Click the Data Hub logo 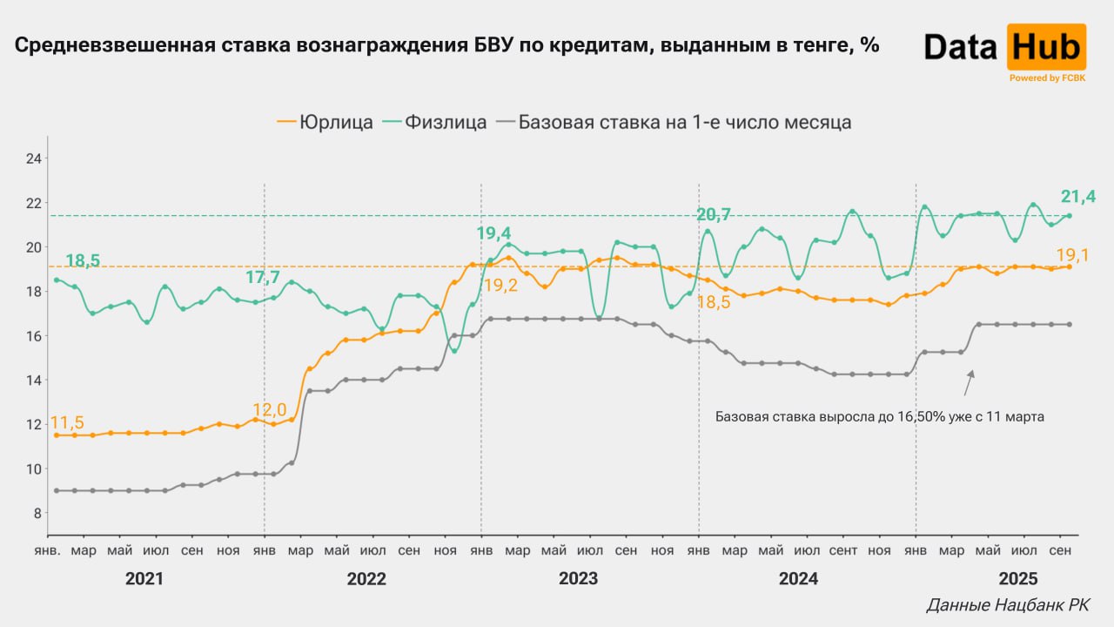pos(1004,49)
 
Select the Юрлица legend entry pos(325,122)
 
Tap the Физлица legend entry pos(446,122)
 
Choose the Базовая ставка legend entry pos(674,122)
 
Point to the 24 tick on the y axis pos(34,158)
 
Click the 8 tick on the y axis pos(36,513)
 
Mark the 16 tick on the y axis pos(34,336)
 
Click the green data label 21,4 pos(1077,198)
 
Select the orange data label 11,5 pos(67,422)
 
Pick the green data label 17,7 pos(263,278)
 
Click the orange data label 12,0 pos(269,409)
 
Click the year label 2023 pos(578,579)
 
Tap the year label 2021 pos(144,579)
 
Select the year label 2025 pos(1017,579)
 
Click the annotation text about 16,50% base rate pos(879,417)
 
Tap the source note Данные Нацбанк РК pos(1007,605)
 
